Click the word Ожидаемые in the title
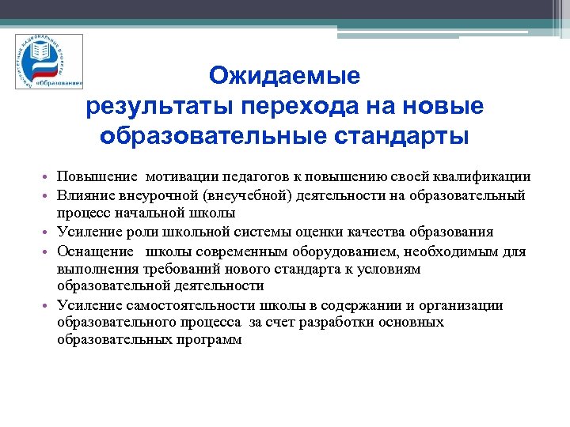[x=284, y=77]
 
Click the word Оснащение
[x=91, y=251]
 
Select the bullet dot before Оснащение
[x=47, y=252]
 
